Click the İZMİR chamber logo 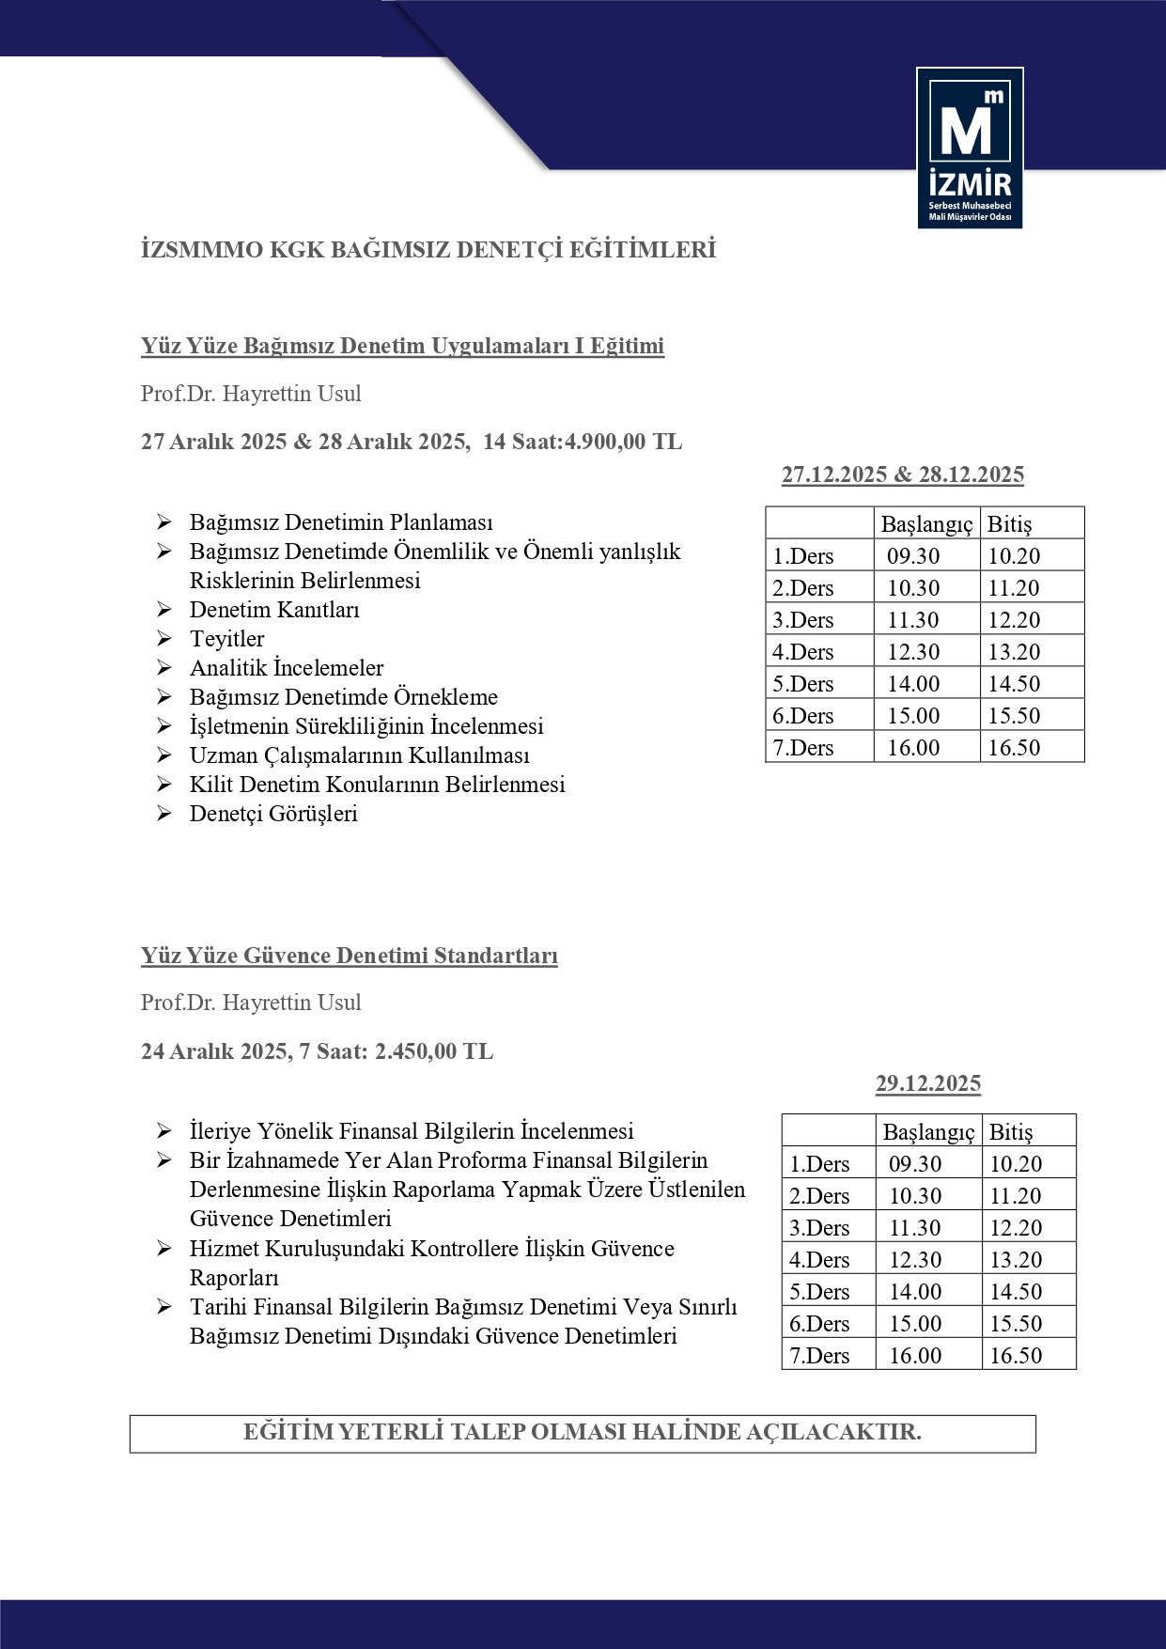click(970, 148)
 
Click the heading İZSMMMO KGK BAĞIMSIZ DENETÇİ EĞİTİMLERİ click(428, 250)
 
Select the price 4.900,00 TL click(623, 442)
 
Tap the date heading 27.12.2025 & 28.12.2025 click(902, 474)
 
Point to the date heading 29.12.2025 click(927, 1083)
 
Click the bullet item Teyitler click(226, 639)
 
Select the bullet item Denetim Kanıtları click(274, 610)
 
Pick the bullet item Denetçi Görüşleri click(273, 814)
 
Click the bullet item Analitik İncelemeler click(287, 668)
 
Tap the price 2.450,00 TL click(434, 1051)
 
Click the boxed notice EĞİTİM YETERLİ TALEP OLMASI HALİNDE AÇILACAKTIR click(582, 1432)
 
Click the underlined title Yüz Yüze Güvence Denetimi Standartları click(350, 956)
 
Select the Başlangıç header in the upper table click(926, 524)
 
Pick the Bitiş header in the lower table click(1011, 1132)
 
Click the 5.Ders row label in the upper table click(803, 684)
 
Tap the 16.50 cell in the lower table click(1016, 1356)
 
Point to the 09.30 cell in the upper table click(913, 556)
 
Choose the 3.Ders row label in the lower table click(819, 1228)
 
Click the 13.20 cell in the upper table click(1014, 652)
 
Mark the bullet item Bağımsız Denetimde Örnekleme click(344, 697)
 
